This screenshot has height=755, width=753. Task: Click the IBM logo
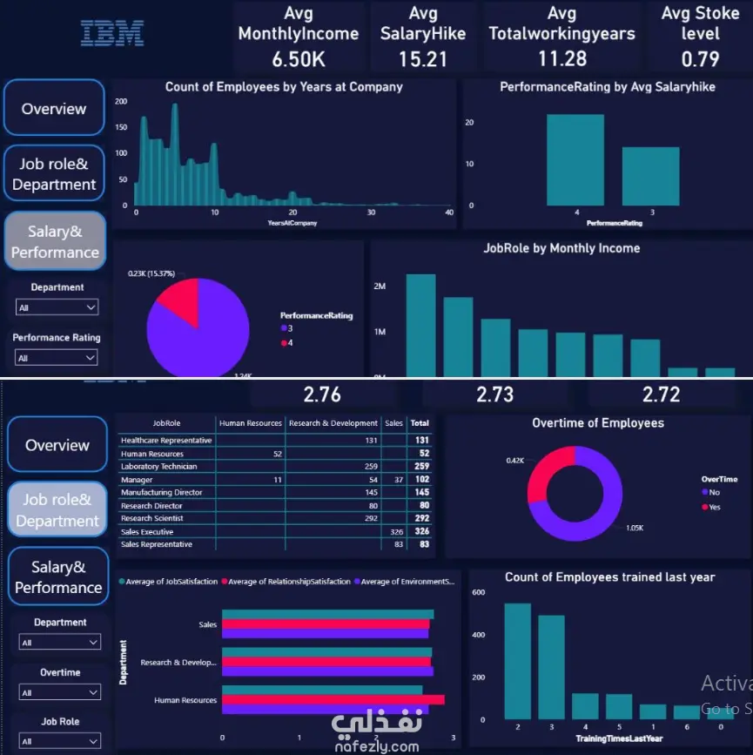(112, 33)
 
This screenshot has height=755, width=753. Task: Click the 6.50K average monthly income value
(299, 59)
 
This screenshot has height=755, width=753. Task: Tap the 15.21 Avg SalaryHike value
(423, 59)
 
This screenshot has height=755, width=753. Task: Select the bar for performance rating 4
(575, 160)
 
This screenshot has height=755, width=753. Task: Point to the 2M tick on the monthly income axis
(380, 286)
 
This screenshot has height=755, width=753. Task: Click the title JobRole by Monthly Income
(561, 248)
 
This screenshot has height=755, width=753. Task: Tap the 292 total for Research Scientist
(422, 518)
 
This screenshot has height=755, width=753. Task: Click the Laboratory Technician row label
(159, 466)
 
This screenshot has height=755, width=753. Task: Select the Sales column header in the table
(393, 423)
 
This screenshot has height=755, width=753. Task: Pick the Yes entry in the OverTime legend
(715, 507)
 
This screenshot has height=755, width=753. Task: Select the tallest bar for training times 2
(517, 662)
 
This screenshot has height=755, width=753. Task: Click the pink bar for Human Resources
(333, 699)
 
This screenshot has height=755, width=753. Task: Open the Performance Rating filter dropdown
(57, 358)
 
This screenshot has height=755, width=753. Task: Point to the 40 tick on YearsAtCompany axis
(449, 212)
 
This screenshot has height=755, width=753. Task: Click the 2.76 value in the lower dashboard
(322, 394)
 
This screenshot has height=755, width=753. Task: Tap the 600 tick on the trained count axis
(478, 592)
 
